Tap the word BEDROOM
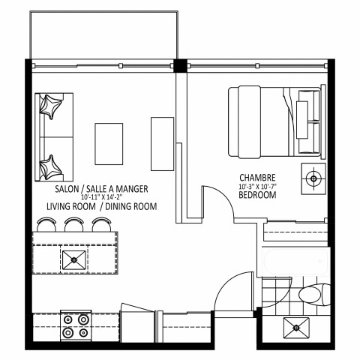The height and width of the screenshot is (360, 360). tap(256, 195)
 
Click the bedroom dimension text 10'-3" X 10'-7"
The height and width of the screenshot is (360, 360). tap(256, 186)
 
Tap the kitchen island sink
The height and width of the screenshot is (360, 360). tap(75, 260)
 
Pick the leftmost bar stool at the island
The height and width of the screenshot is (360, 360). tap(47, 223)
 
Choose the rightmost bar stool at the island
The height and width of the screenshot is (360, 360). tap(100, 223)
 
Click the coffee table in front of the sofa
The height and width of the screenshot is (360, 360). tap(109, 143)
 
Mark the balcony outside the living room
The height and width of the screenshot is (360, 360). tap(103, 35)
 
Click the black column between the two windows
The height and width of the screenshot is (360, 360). tap(180, 64)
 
